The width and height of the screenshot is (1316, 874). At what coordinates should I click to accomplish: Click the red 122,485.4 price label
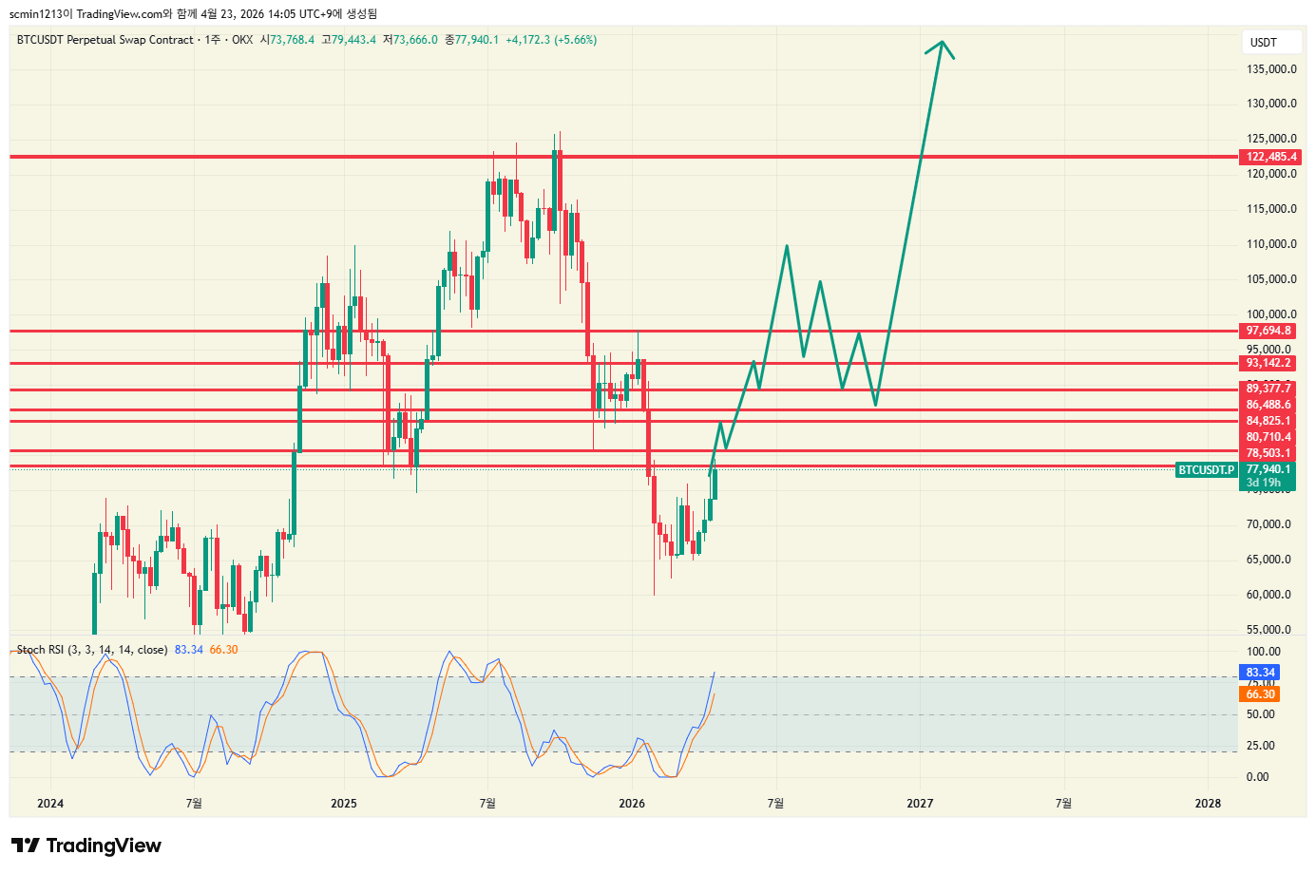click(x=1270, y=157)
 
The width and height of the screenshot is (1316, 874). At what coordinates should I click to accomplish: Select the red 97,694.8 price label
click(x=1268, y=331)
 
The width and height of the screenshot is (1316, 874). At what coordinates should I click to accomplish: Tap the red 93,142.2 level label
click(x=1268, y=363)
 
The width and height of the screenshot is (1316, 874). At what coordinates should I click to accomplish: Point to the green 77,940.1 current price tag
click(x=1268, y=469)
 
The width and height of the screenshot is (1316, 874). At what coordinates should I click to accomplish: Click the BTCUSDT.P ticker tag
click(x=1206, y=470)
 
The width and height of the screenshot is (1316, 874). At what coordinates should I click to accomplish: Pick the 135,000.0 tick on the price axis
click(x=1271, y=69)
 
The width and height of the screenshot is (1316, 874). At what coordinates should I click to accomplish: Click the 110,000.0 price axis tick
click(x=1271, y=244)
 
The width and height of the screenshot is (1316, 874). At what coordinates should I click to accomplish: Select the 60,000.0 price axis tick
click(x=1271, y=595)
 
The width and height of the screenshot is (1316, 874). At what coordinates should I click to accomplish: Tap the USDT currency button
click(x=1263, y=43)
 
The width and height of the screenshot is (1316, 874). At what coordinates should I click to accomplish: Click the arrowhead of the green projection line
click(x=941, y=43)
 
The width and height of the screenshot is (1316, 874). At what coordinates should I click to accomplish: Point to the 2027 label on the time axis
click(x=919, y=804)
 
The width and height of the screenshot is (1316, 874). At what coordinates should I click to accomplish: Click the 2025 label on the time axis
click(x=344, y=804)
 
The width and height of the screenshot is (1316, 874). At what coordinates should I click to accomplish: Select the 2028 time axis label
click(x=1208, y=804)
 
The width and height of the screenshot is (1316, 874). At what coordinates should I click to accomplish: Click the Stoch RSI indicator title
click(x=91, y=650)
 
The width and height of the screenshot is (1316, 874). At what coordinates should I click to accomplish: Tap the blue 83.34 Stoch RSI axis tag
click(x=1260, y=673)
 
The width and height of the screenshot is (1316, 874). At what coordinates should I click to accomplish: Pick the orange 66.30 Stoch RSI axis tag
click(x=1260, y=694)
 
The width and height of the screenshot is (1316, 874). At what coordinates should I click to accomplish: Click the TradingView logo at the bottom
click(x=86, y=845)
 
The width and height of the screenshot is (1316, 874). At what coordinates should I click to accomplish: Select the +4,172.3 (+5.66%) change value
click(x=551, y=40)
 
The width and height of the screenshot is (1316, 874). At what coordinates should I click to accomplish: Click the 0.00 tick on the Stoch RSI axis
click(x=1257, y=777)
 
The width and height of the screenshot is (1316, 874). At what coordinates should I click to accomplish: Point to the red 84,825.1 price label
click(x=1268, y=421)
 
